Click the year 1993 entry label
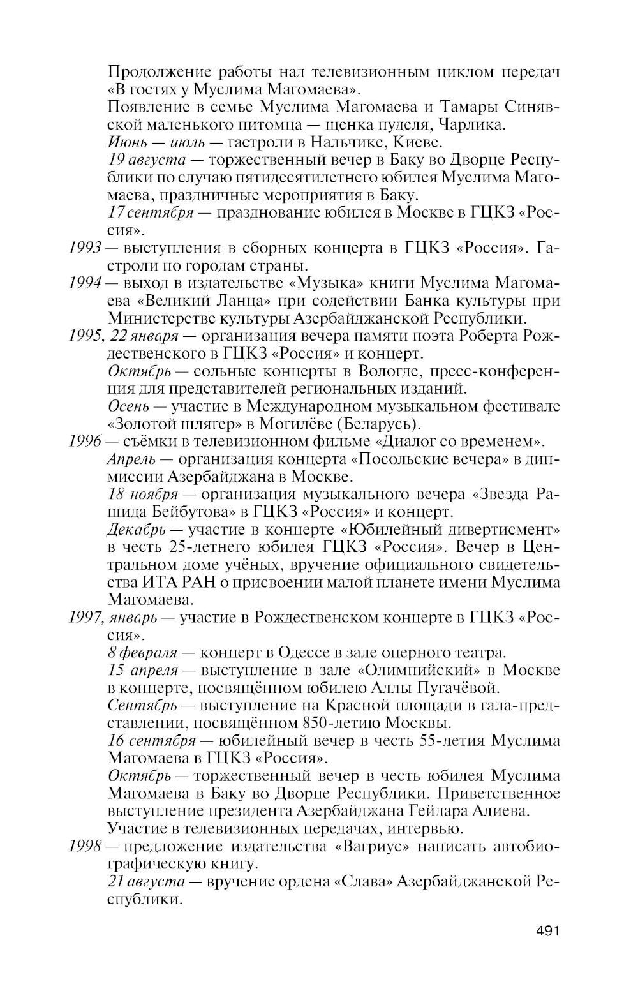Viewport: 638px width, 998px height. [x=86, y=248]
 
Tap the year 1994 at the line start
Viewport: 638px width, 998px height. [x=86, y=283]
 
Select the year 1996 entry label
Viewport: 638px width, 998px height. [x=86, y=442]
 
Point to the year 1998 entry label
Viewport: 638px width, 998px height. [x=86, y=847]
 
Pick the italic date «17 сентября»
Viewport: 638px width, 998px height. [x=151, y=212]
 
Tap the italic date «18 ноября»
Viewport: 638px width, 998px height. [x=143, y=494]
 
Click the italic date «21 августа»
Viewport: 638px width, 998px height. [x=147, y=882]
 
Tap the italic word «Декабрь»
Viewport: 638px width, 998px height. [x=137, y=530]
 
